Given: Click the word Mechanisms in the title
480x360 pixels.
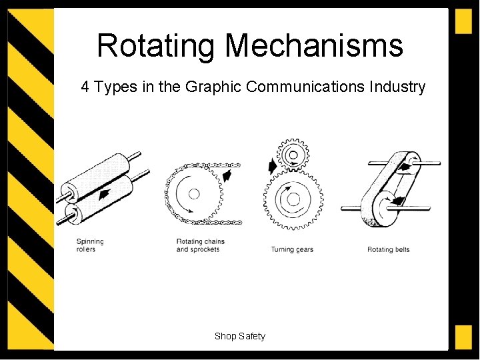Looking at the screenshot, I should [314, 46].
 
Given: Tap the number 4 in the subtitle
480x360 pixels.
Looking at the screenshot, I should [85, 87].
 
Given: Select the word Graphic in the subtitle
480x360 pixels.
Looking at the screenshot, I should [213, 87].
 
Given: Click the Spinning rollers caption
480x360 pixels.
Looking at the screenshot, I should [90, 245].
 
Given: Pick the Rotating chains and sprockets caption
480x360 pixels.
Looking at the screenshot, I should [200, 245].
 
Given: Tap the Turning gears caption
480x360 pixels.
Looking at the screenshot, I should [292, 250].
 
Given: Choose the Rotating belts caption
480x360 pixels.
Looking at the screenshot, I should [388, 250].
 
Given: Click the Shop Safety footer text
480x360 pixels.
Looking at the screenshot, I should [239, 336].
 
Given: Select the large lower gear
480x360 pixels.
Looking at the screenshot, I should [293, 198].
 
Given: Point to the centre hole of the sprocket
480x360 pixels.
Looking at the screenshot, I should [194, 194].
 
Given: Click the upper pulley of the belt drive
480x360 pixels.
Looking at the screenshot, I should [406, 161].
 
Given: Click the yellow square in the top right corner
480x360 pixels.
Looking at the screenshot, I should [463, 21].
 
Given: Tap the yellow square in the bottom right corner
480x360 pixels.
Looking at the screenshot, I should [463, 337].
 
